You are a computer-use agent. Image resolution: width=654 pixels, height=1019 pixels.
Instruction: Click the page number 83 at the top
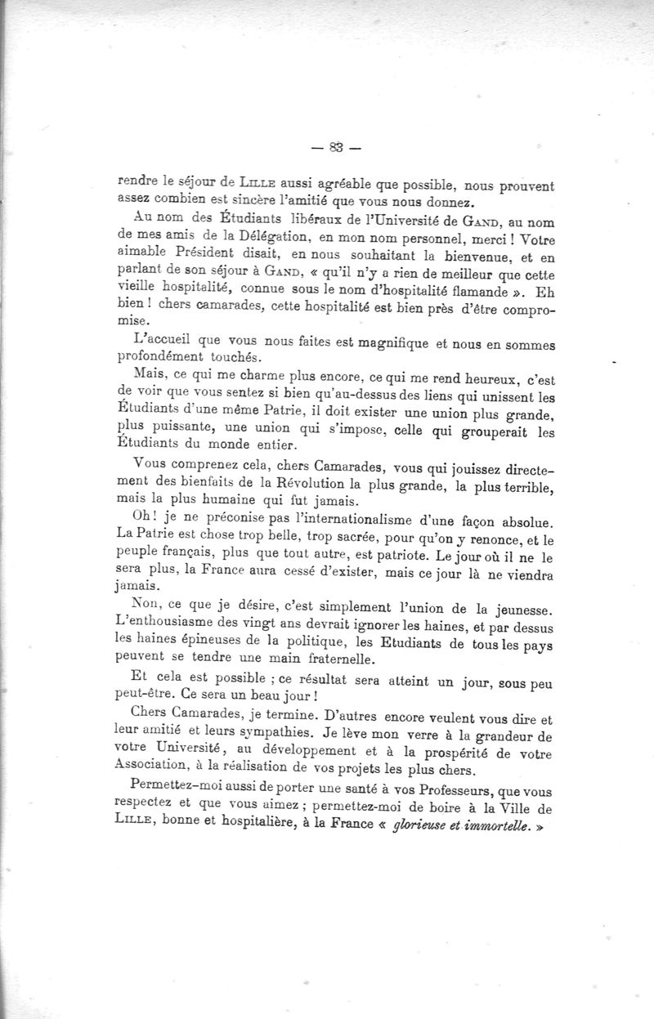click(335, 148)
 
